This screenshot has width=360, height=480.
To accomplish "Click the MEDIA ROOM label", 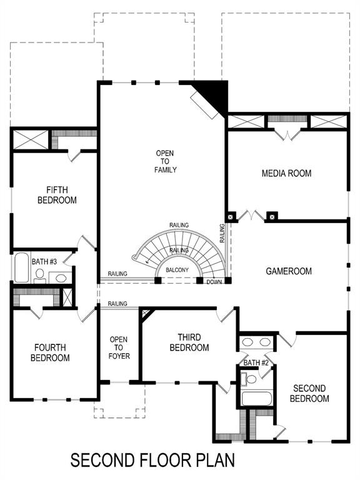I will tap(286, 173).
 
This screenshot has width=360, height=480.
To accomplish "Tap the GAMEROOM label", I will tap(289, 271).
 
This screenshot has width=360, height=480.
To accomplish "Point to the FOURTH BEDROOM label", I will tap(52, 352).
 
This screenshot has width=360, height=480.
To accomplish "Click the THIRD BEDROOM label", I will tap(189, 342).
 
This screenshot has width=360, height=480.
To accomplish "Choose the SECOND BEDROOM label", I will tap(309, 393).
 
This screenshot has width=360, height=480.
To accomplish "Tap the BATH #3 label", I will tap(44, 261).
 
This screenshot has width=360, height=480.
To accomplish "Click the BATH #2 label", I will tap(256, 362).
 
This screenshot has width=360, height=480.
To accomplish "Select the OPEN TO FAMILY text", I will tap(166, 161).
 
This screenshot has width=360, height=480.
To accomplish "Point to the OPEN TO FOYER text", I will tap(118, 347).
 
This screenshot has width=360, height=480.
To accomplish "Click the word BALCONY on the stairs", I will tap(178, 271).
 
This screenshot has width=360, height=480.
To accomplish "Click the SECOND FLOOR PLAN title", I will tap(152, 461).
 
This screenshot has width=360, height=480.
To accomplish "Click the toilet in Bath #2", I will tap(251, 379).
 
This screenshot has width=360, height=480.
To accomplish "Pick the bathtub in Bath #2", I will tap(256, 399).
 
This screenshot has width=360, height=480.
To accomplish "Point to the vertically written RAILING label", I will tap(222, 234).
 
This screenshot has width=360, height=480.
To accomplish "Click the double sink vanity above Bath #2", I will tap(257, 342).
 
